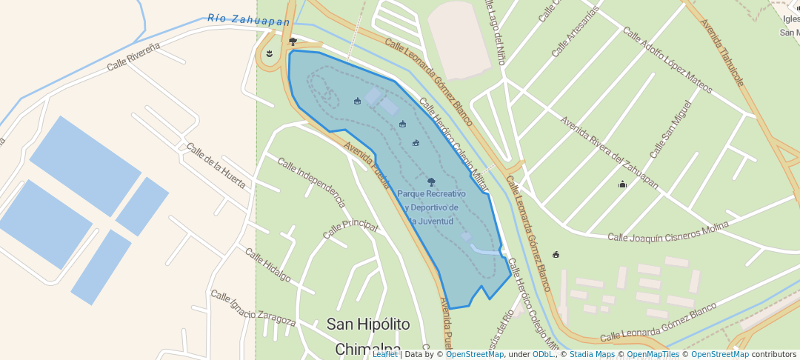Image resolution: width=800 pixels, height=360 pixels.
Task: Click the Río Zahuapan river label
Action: point(248,20)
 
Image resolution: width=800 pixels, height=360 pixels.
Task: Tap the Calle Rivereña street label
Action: point(133,56)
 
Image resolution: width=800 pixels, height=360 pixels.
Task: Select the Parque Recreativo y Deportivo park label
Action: point(433,207)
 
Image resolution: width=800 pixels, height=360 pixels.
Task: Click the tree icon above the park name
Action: point(431,181)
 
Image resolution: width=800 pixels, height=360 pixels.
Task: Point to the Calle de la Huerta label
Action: point(216,166)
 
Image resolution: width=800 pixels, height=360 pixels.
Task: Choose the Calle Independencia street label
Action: point(311,181)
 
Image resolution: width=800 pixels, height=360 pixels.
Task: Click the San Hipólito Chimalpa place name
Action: point(368,336)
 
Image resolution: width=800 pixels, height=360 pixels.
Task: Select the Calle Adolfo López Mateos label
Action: point(667,61)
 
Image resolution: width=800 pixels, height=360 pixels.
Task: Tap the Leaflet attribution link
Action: point(384,354)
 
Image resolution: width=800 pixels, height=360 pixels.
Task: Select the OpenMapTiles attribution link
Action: point(649,354)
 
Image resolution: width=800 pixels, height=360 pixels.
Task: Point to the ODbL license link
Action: point(543,354)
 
